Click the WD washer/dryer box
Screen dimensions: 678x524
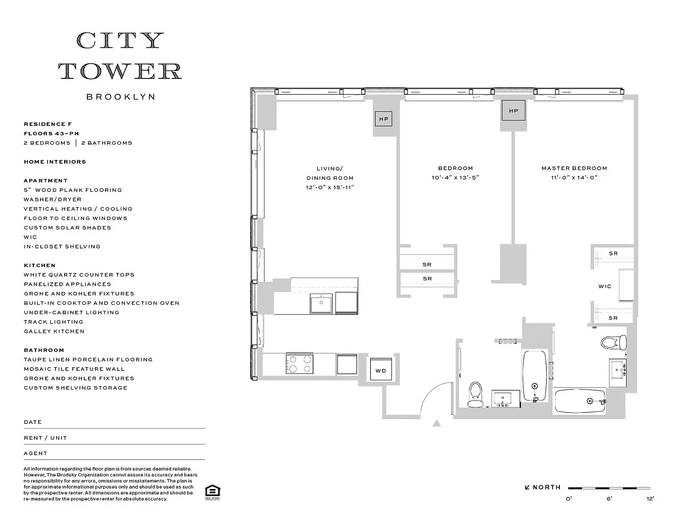pyautogui.click(x=381, y=369)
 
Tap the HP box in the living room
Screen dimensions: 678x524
pyautogui.click(x=383, y=119)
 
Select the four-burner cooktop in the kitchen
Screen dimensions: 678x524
pyautogui.click(x=299, y=363)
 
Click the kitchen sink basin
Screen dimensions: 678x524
pyautogui.click(x=321, y=303)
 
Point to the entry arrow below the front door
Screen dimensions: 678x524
pyautogui.click(x=436, y=423)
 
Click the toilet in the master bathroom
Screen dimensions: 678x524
pyautogui.click(x=613, y=343)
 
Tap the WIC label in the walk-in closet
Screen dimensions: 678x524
pyautogui.click(x=605, y=286)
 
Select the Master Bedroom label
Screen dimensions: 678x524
pyautogui.click(x=574, y=168)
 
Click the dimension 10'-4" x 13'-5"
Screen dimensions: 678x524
pyautogui.click(x=455, y=177)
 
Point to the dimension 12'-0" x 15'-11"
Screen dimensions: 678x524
pyautogui.click(x=330, y=187)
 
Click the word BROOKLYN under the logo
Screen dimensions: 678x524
pyautogui.click(x=121, y=97)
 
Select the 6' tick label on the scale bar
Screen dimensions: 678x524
pyautogui.click(x=609, y=499)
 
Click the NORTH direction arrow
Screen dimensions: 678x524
pyautogui.click(x=527, y=487)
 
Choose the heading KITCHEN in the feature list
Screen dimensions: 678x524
pyautogui.click(x=40, y=265)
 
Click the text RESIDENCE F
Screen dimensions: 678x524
pyautogui.click(x=48, y=124)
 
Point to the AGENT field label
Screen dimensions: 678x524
pyautogui.click(x=35, y=453)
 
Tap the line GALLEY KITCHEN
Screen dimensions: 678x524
pyautogui.click(x=54, y=331)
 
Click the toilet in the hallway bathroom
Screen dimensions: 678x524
pyautogui.click(x=475, y=395)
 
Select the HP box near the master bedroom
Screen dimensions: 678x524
pyautogui.click(x=513, y=111)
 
